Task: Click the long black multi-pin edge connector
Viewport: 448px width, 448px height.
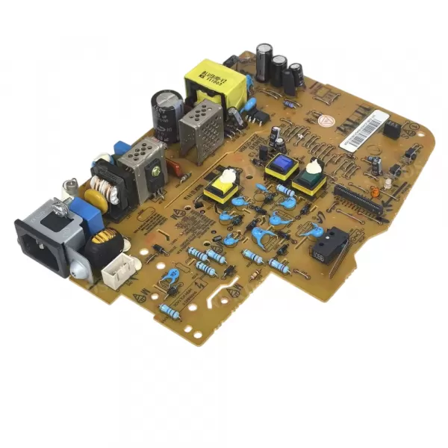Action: [x=358, y=200]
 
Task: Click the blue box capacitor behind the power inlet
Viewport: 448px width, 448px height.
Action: [x=86, y=213]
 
